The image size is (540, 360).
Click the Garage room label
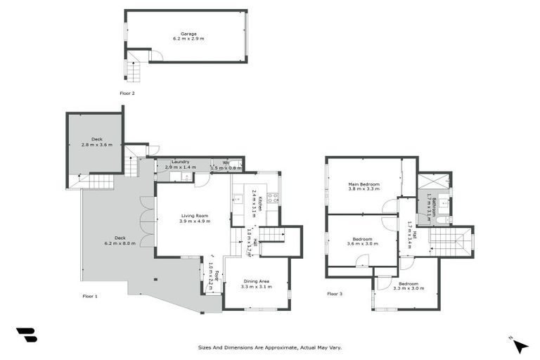(188, 36)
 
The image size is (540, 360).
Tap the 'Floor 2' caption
(127, 93)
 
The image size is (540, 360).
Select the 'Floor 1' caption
(89, 296)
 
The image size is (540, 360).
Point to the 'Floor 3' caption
(335, 293)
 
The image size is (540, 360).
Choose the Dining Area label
(255, 284)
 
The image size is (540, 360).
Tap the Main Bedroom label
(364, 186)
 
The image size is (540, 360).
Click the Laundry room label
(180, 165)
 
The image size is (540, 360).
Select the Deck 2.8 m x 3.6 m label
(96, 141)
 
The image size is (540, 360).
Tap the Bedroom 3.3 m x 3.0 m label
(408, 285)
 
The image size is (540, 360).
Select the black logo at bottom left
(27, 335)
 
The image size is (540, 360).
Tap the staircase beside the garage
(132, 71)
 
